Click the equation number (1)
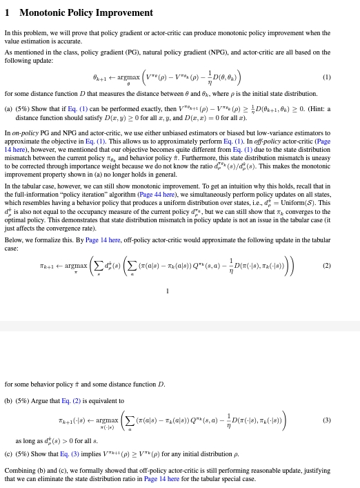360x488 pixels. tap(326, 77)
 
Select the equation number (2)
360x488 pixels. tap(326, 265)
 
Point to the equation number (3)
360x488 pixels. tap(326, 420)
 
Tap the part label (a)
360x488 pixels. tap(8, 108)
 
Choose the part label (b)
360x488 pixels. tap(8, 400)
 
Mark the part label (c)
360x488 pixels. tap(8, 454)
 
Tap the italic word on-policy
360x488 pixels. tap(24, 133)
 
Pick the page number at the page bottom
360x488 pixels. tap(167, 291)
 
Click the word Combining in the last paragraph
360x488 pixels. tap(19, 470)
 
